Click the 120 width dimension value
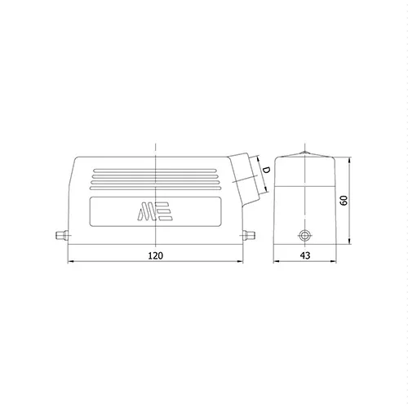(156, 255)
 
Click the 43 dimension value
(305, 255)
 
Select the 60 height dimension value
(344, 201)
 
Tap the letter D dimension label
(266, 171)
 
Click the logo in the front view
(155, 211)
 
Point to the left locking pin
(61, 235)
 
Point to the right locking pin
(249, 235)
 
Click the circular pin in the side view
(304, 236)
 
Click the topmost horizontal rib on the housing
(155, 171)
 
